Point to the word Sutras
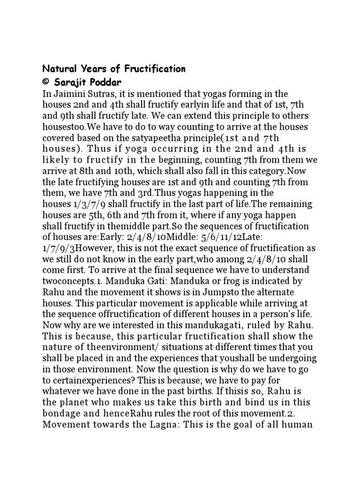point(105,94)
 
